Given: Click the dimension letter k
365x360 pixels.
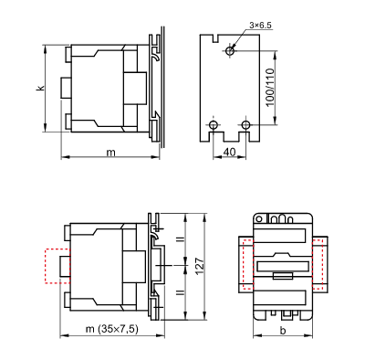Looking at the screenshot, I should [x=40, y=88].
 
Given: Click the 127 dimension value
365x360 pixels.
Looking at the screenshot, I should [x=199, y=266].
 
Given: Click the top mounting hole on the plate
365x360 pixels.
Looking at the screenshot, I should [x=230, y=52].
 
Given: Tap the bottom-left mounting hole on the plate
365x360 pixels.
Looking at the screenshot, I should [x=214, y=123].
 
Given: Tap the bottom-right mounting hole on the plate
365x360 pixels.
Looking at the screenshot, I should [x=246, y=123].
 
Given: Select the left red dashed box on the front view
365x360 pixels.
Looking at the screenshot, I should [x=244, y=265].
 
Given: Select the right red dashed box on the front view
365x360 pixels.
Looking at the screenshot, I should [x=320, y=265].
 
